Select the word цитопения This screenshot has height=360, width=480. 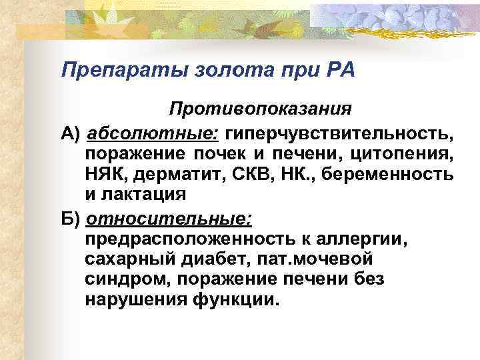[x=409, y=155]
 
